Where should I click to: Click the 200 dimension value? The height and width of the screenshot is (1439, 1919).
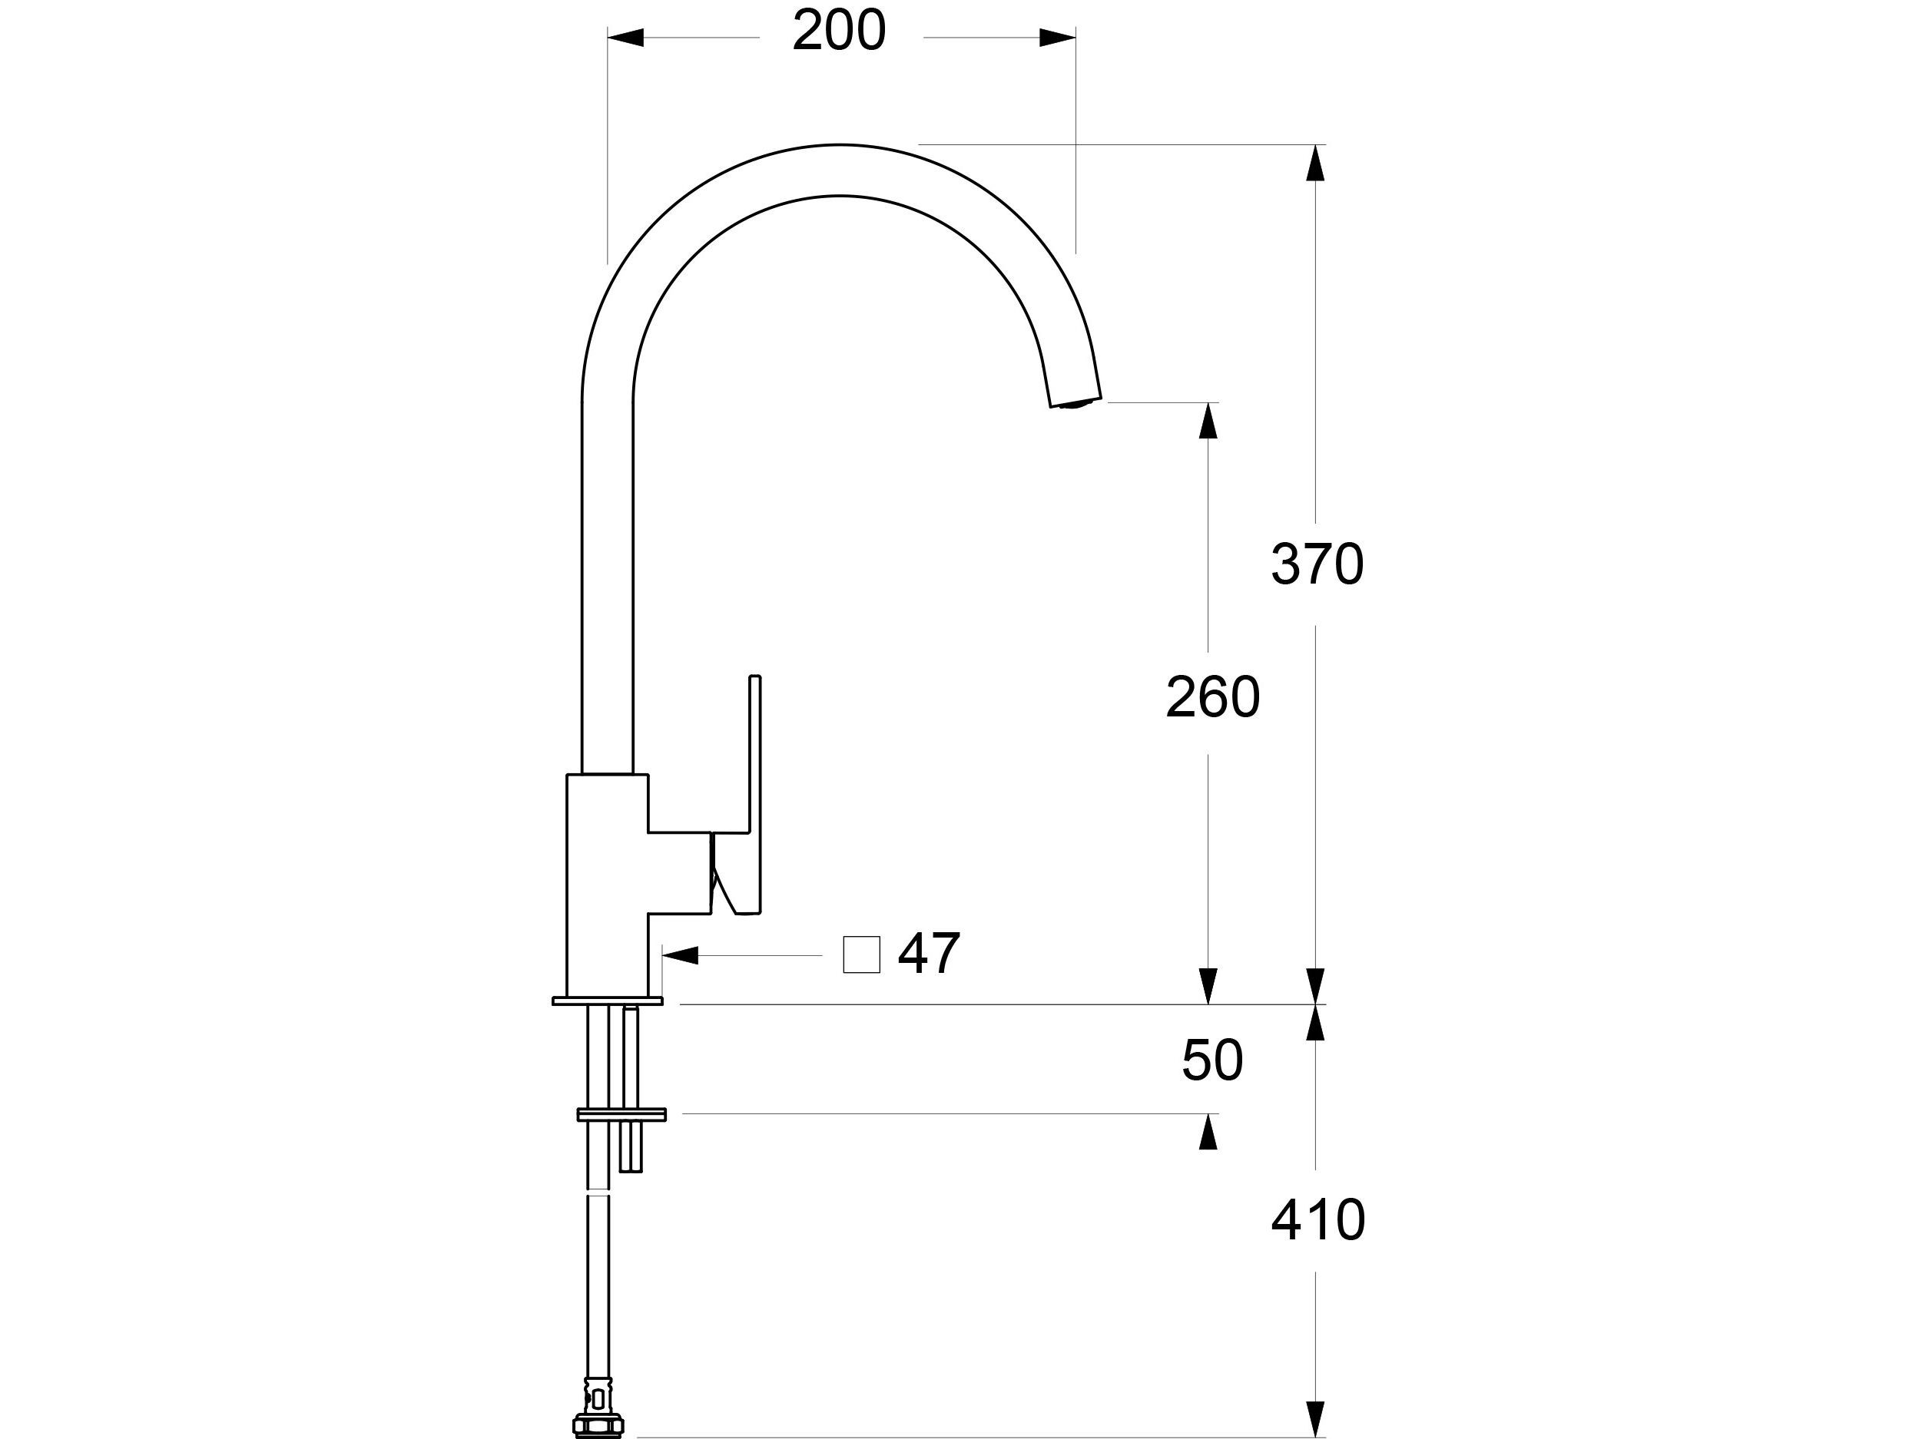click(x=839, y=31)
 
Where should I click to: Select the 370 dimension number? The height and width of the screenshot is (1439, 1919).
click(x=1317, y=564)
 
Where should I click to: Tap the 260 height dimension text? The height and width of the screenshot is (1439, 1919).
click(x=1212, y=696)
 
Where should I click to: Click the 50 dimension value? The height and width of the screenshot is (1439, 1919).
click(x=1212, y=1060)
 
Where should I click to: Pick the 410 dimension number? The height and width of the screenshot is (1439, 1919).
click(x=1317, y=1220)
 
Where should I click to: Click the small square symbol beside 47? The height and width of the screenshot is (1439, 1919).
click(x=861, y=955)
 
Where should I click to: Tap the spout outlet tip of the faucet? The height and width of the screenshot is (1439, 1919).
click(x=1076, y=402)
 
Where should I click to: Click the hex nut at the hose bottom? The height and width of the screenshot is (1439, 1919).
click(x=598, y=1424)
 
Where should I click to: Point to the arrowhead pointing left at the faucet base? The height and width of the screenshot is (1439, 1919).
click(x=680, y=956)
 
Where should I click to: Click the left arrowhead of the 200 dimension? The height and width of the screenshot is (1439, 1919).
click(x=625, y=38)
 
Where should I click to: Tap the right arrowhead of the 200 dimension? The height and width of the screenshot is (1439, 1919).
click(x=1058, y=38)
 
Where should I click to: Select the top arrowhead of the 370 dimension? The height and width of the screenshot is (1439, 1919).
click(x=1316, y=162)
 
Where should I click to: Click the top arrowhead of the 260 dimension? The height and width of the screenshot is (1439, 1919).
click(x=1208, y=421)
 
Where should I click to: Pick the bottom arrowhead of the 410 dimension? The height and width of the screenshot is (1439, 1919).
click(x=1316, y=1419)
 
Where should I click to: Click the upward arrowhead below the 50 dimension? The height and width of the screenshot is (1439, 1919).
click(x=1208, y=1132)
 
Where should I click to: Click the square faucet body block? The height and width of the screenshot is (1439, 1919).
click(x=608, y=885)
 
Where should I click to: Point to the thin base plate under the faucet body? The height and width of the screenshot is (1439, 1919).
click(x=608, y=1001)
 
